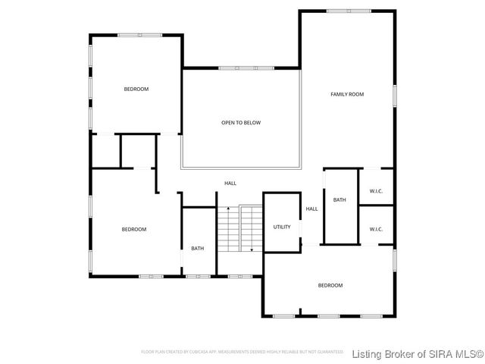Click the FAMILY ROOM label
(347, 94)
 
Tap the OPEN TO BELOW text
(241, 122)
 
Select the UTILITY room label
(282, 227)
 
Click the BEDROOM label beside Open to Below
(136, 89)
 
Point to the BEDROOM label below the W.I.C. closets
(330, 285)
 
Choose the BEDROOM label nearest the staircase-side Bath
(134, 229)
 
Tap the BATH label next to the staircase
(197, 248)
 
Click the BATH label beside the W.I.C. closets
(339, 200)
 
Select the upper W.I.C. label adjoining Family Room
(376, 191)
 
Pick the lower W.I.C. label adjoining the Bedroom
(376, 229)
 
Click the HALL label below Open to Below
(230, 183)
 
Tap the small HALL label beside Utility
(311, 209)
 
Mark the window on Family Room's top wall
(349, 11)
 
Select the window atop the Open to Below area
(246, 68)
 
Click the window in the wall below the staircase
(239, 275)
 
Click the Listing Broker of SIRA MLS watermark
(418, 353)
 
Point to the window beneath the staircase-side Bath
(197, 275)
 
